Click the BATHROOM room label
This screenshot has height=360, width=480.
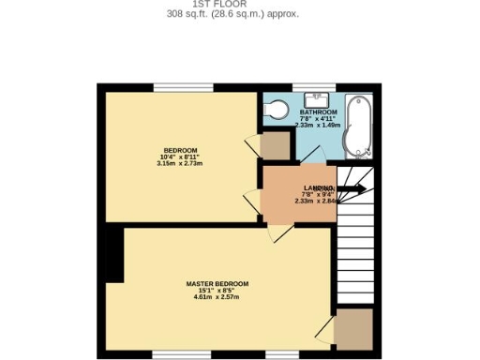(318, 112)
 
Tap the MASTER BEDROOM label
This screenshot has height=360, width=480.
(217, 284)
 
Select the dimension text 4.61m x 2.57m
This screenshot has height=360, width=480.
(217, 297)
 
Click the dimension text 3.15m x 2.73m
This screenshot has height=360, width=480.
(180, 164)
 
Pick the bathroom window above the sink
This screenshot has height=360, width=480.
(314, 88)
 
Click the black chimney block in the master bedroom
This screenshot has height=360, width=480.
(113, 254)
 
